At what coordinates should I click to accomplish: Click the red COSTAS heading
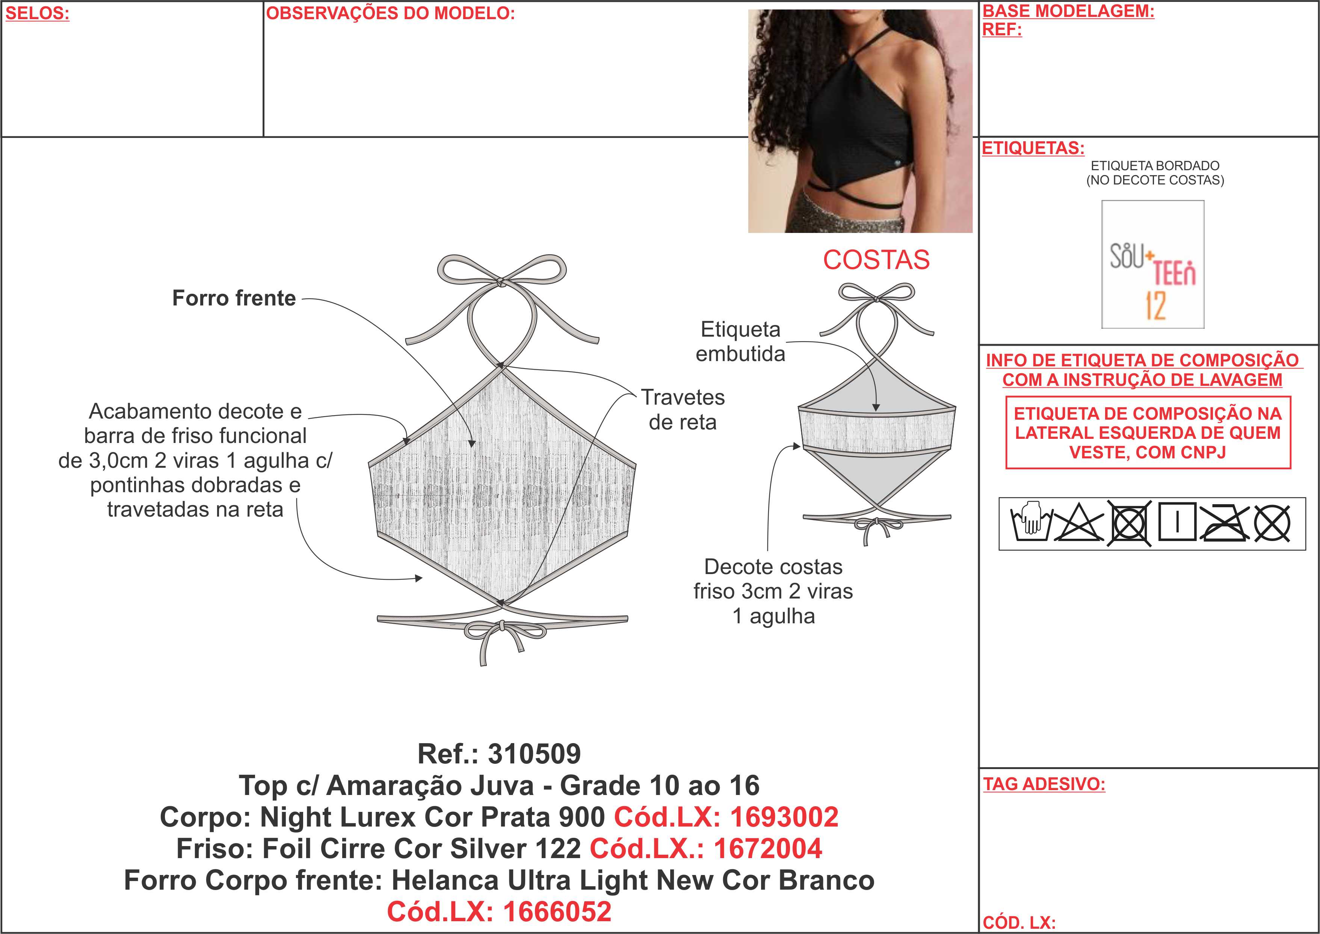(876, 260)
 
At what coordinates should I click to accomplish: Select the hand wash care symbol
(1031, 523)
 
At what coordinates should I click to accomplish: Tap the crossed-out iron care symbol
(1224, 523)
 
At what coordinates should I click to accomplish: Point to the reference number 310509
(534, 754)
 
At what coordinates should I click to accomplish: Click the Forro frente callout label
(234, 298)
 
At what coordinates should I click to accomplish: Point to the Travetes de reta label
(683, 410)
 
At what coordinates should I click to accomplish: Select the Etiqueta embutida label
(740, 341)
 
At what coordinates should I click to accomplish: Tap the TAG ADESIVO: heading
(1044, 784)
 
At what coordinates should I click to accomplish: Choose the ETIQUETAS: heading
(1033, 148)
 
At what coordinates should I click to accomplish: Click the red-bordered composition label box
(1148, 432)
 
